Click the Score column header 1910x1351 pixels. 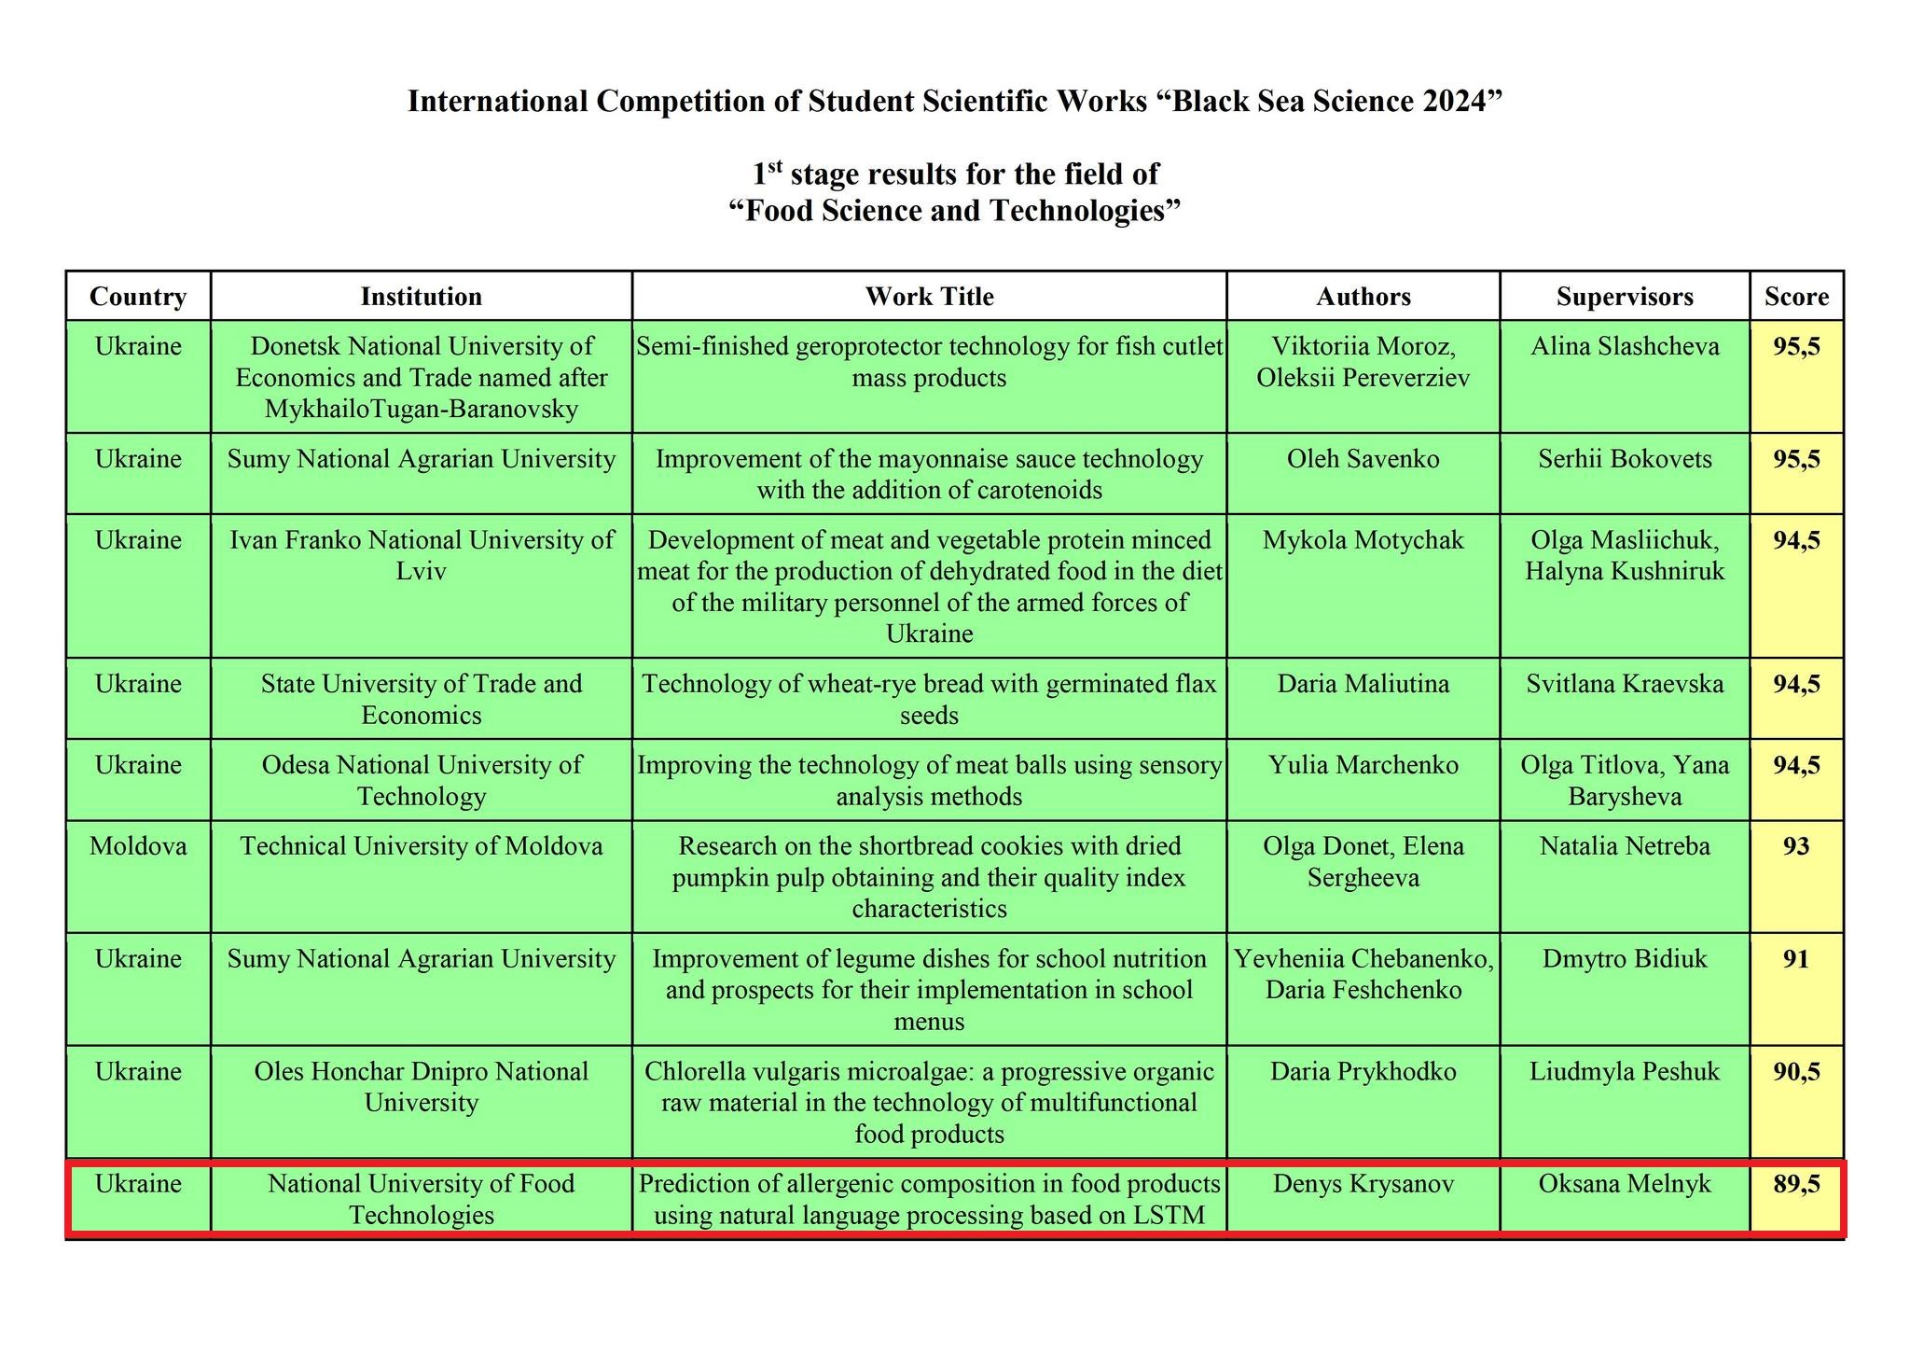point(1796,297)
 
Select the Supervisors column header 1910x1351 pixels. point(1625,297)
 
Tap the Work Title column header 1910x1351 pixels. point(929,297)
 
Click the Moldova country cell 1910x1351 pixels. point(138,846)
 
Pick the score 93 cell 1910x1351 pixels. point(1796,846)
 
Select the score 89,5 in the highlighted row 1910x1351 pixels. point(1796,1184)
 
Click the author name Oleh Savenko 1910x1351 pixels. point(1363,459)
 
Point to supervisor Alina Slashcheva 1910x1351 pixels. point(1625,347)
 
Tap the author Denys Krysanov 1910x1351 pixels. point(1363,1184)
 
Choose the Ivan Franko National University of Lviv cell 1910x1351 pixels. point(422,555)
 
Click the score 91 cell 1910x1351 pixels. point(1796,959)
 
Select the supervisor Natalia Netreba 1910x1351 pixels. point(1625,846)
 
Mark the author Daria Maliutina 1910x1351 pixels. point(1363,684)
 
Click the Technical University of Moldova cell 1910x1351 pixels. point(422,846)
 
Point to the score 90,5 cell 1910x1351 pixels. point(1796,1071)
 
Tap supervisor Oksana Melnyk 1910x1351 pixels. point(1625,1184)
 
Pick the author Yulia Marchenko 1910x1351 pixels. point(1363,765)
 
